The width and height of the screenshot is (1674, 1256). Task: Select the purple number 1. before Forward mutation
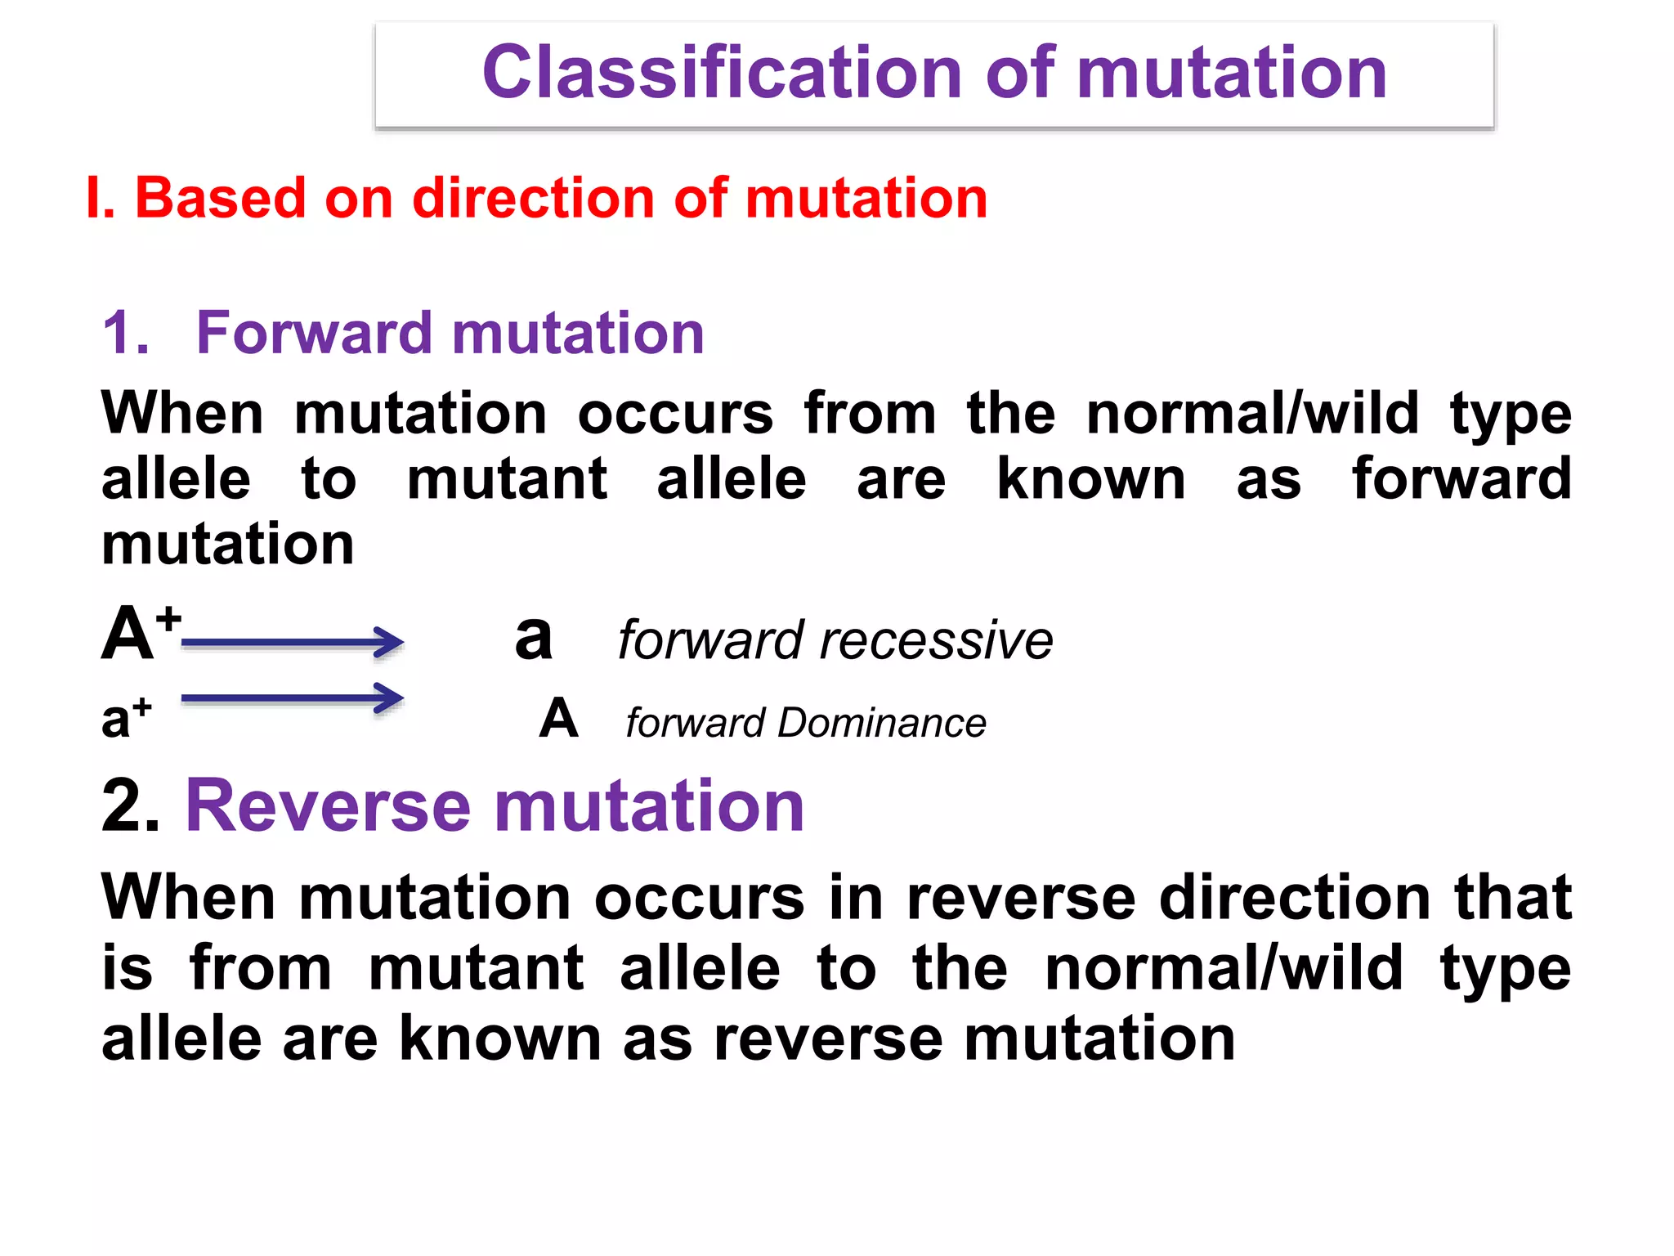coord(127,334)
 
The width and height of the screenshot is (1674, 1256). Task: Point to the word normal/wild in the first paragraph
coord(1252,414)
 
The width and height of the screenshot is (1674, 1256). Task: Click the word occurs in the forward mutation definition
coord(675,414)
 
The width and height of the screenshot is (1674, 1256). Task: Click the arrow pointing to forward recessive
coord(293,643)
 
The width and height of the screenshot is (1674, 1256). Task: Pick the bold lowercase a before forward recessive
coord(534,637)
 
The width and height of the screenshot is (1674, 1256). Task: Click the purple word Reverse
coord(329,806)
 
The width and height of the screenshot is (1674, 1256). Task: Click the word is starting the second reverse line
coord(127,969)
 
